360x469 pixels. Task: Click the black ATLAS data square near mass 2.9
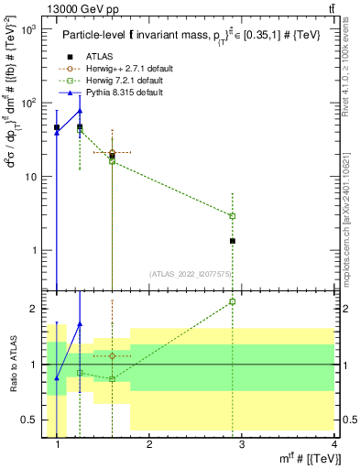233,241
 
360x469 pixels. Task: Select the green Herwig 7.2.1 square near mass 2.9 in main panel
233,216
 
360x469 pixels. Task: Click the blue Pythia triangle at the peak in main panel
80,111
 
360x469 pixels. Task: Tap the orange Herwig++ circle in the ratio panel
112,355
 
